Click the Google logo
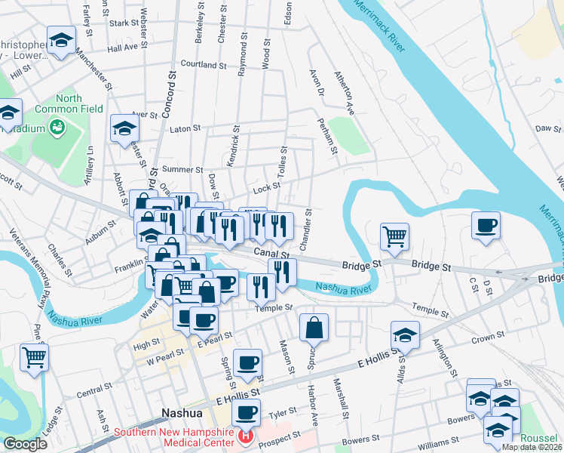point(25,444)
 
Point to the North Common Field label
point(68,104)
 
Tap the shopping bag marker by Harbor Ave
point(314,328)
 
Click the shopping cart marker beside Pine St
point(34,358)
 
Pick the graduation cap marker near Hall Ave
point(61,41)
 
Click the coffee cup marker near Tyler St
point(246,414)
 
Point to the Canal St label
point(271,254)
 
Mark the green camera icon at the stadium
point(57,128)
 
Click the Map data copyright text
point(532,447)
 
